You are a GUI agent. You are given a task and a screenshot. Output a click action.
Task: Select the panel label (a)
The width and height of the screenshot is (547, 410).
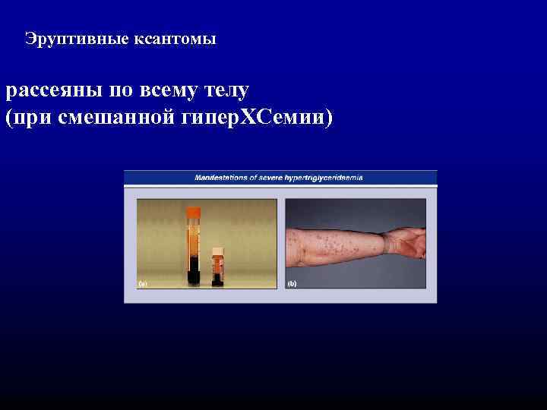pos(142,285)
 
